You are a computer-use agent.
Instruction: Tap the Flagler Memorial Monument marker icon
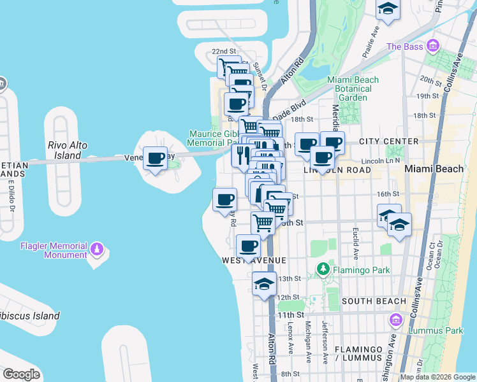pyautogui.click(x=97, y=248)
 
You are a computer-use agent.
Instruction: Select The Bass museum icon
pyautogui.click(x=434, y=46)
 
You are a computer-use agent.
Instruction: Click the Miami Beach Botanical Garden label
pyautogui.click(x=353, y=88)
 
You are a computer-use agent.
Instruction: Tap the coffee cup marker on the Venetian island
pyautogui.click(x=155, y=159)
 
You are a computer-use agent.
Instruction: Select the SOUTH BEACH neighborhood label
pyautogui.click(x=374, y=301)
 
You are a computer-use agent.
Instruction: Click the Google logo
pyautogui.click(x=20, y=374)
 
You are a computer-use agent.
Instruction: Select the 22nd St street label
pyautogui.click(x=224, y=51)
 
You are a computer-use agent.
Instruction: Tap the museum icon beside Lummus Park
pyautogui.click(x=395, y=319)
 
